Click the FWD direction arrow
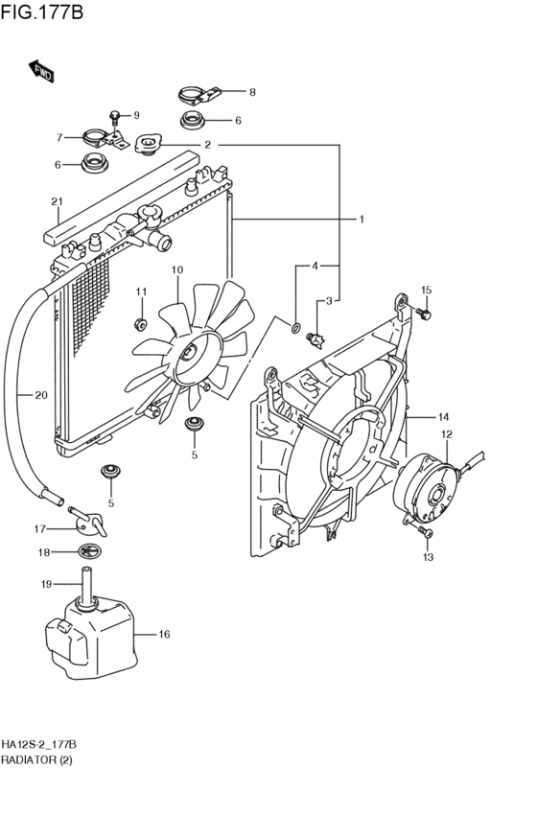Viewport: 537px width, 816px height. [41, 71]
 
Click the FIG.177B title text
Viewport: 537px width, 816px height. [41, 12]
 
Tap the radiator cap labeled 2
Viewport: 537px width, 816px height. [149, 143]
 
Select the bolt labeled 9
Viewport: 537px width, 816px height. [115, 119]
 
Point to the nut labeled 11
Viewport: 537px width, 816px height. [139, 324]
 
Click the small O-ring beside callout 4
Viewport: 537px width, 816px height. [295, 328]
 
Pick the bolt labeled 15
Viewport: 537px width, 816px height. [424, 314]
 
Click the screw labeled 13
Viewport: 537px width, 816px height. [426, 532]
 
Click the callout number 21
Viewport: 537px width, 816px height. [58, 202]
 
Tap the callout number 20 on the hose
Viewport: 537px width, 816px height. [41, 395]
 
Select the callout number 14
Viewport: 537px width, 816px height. [443, 416]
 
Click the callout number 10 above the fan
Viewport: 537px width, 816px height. [177, 269]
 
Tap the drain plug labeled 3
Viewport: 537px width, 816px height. [315, 338]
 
